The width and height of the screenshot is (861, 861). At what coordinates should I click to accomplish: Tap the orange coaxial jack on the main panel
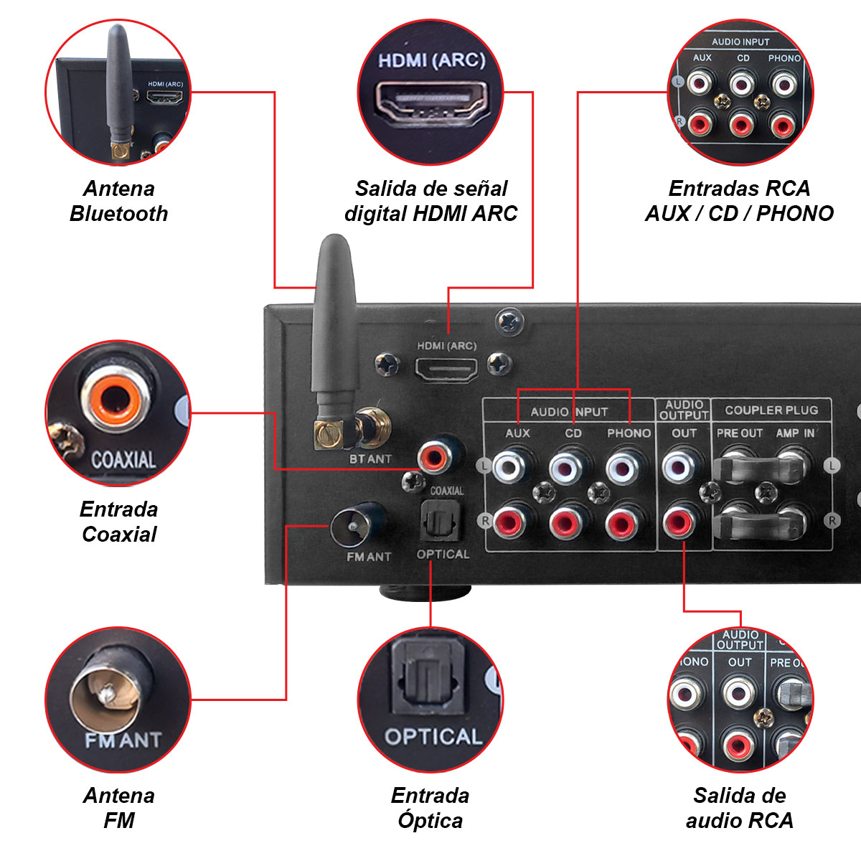coord(437,455)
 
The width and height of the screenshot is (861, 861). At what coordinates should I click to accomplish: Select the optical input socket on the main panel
coord(440,520)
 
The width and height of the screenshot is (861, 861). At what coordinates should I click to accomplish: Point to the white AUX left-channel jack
coord(510,468)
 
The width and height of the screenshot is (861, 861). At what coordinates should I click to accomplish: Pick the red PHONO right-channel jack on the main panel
coord(622,523)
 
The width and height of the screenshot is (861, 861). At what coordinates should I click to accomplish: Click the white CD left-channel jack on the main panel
coord(567,468)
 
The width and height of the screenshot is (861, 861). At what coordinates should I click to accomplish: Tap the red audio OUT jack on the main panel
coord(679,522)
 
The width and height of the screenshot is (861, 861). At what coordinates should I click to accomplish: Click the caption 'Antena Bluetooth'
coord(119,201)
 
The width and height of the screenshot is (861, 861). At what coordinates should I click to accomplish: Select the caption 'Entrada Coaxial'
coord(119,522)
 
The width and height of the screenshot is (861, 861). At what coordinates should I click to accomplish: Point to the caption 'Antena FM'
coord(119,808)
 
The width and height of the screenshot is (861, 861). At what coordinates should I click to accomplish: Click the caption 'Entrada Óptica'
coord(430,808)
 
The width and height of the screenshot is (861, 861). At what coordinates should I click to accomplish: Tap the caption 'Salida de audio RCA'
coord(740,808)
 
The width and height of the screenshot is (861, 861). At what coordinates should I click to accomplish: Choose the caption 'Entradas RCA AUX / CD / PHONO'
coord(740,201)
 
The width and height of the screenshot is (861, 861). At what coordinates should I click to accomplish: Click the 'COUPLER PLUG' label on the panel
coord(771,410)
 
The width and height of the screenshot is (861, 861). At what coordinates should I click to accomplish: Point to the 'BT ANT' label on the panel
coord(370,458)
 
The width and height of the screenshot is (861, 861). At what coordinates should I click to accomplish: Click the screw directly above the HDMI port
coord(509,322)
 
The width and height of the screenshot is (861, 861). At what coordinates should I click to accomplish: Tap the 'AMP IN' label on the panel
coord(795,433)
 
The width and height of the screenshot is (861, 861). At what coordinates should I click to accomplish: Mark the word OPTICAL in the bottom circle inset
coord(433,737)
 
